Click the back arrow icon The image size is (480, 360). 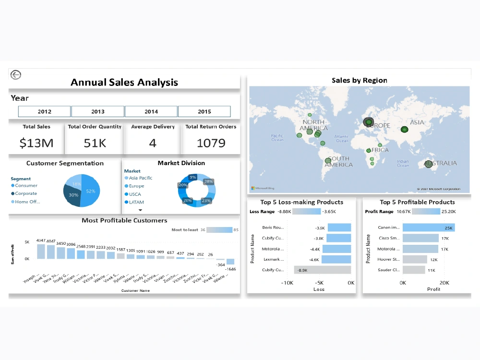[x=16, y=74]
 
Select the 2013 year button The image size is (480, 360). [x=98, y=111]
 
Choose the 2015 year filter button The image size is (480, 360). [x=204, y=111]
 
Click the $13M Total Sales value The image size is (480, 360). [x=36, y=143]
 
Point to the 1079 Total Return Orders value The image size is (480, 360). [x=211, y=143]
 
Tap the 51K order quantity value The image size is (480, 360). [x=95, y=143]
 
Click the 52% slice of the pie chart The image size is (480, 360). [x=91, y=191]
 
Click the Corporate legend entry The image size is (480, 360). [x=26, y=193]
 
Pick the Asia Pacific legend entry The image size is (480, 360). [x=140, y=178]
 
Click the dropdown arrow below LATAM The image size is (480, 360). [x=140, y=210]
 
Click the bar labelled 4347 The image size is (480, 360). [x=41, y=251]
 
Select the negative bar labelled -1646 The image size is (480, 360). [x=230, y=262]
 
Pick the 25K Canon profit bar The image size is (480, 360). [x=428, y=228]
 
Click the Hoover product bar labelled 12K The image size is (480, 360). [x=414, y=259]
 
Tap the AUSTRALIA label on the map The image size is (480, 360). [x=444, y=163]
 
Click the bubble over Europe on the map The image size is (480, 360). [x=368, y=123]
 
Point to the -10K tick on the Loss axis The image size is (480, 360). [x=287, y=283]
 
